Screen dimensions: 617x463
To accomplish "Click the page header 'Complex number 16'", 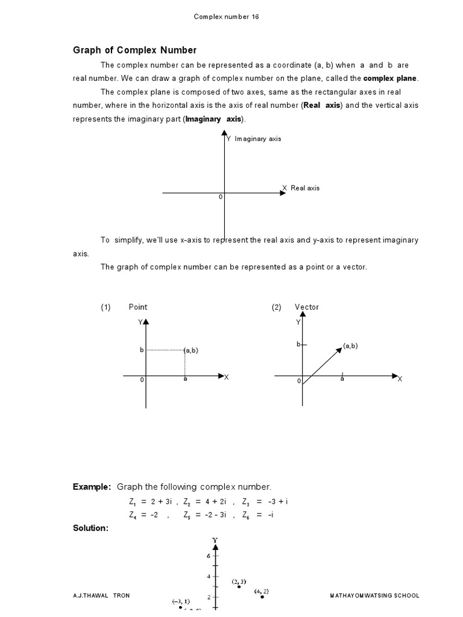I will pos(226,17).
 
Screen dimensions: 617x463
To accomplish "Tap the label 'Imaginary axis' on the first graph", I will pos(257,139).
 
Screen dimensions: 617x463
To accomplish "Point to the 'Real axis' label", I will pos(304,188).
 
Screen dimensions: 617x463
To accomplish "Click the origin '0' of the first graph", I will pos(221,197).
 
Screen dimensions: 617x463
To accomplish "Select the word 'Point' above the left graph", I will pos(138,307).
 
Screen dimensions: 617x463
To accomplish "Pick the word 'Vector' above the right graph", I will pos(307,307).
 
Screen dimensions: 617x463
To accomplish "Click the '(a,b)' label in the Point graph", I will pos(192,350).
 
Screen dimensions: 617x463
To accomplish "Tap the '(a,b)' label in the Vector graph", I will pos(351,346).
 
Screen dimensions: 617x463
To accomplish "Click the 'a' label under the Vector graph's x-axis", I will pos(342,379).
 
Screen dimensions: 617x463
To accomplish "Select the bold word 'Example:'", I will pos(92,486).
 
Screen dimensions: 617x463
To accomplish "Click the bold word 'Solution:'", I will pos(90,528).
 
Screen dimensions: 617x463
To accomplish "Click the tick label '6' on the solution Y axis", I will pos(209,556).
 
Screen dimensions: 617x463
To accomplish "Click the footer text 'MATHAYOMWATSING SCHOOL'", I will pos(374,595).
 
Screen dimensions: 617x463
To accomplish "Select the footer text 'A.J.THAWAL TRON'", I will pos(101,595).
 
